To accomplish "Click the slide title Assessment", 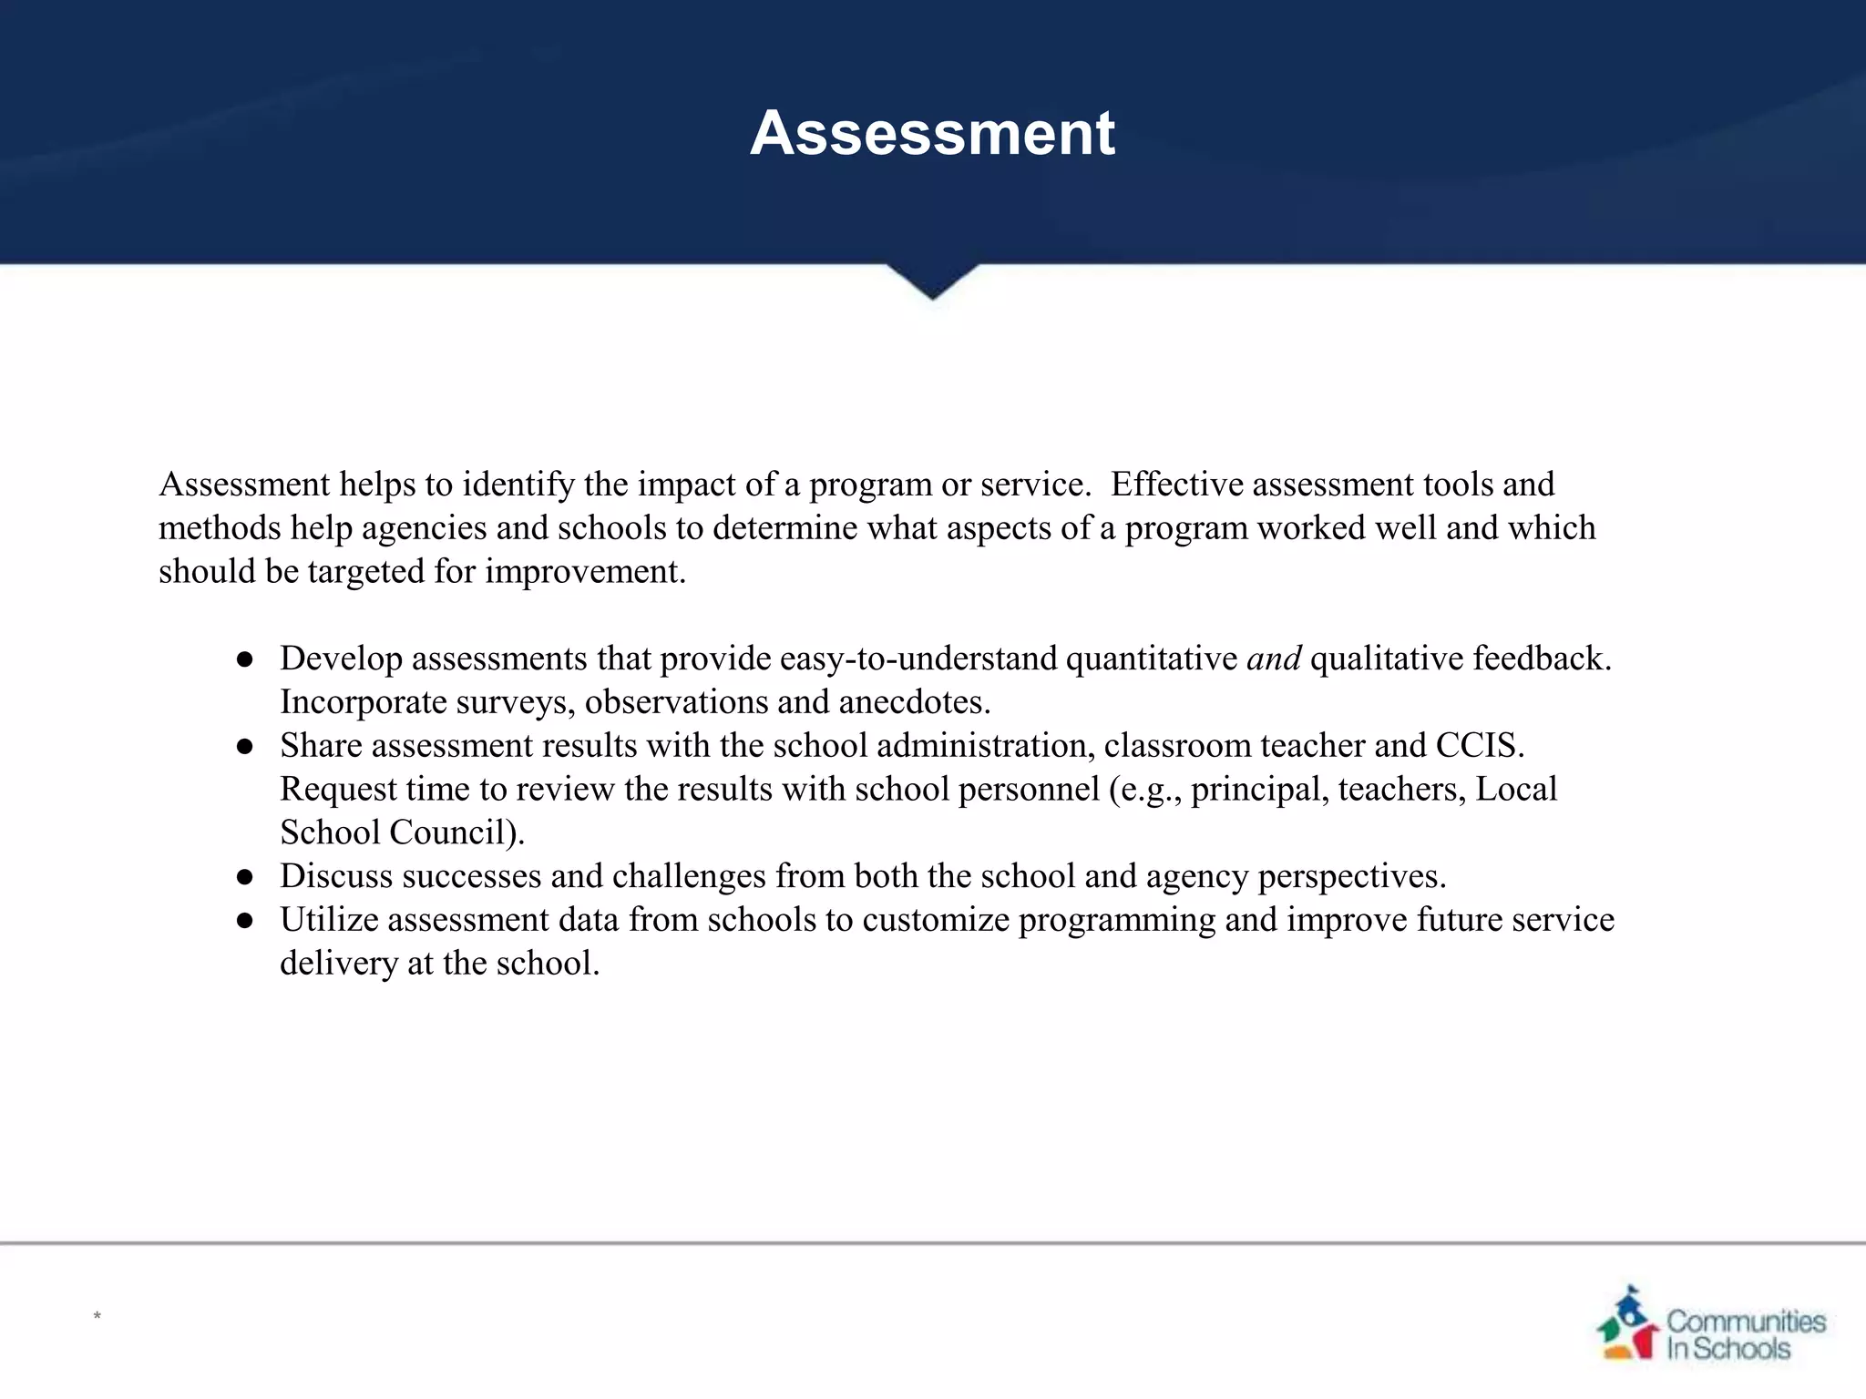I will pyautogui.click(x=932, y=134).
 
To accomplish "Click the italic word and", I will pyautogui.click(x=1273, y=659).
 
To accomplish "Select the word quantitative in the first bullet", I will pyautogui.click(x=1151, y=659).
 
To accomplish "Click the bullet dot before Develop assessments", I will pyautogui.click(x=244, y=660).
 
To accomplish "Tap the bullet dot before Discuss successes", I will pyautogui.click(x=244, y=878).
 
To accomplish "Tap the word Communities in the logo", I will pyautogui.click(x=1746, y=1321).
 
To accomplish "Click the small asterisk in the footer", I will pyautogui.click(x=97, y=1316).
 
